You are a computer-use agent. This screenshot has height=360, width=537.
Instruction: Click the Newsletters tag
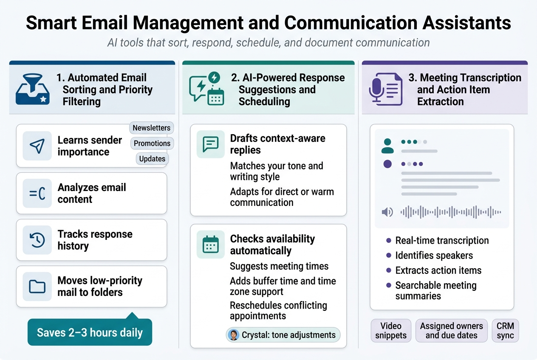151,128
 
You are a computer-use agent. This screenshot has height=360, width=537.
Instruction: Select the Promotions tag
152,143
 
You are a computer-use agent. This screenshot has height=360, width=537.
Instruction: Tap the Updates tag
152,159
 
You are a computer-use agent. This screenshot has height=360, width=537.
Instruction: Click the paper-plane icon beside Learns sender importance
37,146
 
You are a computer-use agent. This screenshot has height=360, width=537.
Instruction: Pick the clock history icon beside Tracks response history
37,240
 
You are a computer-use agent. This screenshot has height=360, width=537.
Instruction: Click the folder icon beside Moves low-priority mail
37,287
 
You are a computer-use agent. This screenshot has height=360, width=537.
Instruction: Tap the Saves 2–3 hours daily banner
90,332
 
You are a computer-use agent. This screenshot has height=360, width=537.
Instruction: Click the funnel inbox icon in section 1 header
32,89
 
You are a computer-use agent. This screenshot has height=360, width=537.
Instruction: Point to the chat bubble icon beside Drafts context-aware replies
211,144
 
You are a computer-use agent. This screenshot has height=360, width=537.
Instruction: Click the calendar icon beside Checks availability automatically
211,245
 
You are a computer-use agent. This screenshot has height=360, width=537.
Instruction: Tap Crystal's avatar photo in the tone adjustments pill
234,335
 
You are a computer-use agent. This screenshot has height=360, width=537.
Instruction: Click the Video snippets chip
391,331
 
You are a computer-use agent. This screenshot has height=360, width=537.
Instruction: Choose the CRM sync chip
505,331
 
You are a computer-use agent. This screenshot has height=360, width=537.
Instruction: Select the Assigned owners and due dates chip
452,331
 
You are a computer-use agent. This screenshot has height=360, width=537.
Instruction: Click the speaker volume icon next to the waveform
387,212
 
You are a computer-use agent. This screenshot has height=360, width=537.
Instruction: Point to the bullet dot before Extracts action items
389,270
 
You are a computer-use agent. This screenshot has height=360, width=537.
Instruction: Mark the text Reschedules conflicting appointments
278,311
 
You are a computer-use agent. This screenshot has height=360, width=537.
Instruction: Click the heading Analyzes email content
92,193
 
